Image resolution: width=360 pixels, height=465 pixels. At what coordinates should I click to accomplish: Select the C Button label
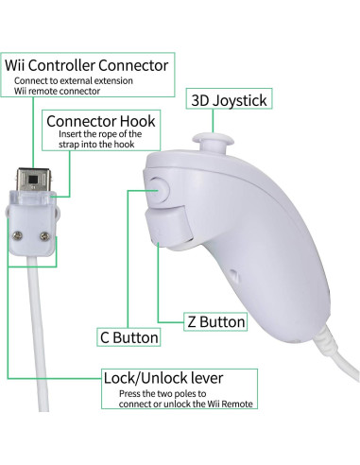129,336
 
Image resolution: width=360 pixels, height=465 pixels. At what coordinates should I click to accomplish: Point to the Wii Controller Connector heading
88,65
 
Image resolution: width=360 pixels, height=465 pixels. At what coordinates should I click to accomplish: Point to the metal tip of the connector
34,179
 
